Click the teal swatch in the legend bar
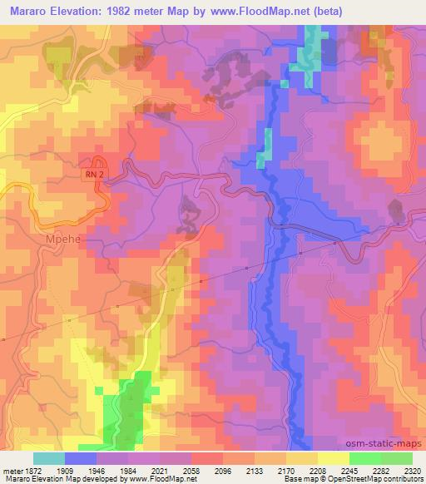[49, 458]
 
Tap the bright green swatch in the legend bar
[364, 458]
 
